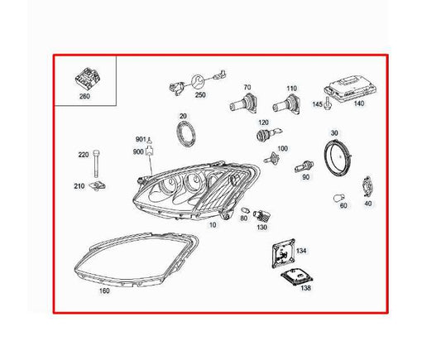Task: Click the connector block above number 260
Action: click(x=87, y=77)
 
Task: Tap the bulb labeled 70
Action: click(x=243, y=103)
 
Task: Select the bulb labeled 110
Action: click(x=286, y=104)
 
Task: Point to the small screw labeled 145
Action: click(x=327, y=103)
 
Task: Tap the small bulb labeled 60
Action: click(x=338, y=198)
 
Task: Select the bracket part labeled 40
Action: click(x=367, y=187)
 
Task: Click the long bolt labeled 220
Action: click(x=97, y=163)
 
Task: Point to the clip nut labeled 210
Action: click(x=97, y=185)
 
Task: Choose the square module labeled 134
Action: click(x=284, y=253)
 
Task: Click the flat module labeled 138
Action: click(x=297, y=276)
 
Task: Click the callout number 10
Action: click(x=213, y=225)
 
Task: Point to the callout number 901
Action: click(x=141, y=139)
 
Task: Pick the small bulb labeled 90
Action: click(x=304, y=166)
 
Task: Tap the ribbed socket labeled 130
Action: click(x=261, y=216)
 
